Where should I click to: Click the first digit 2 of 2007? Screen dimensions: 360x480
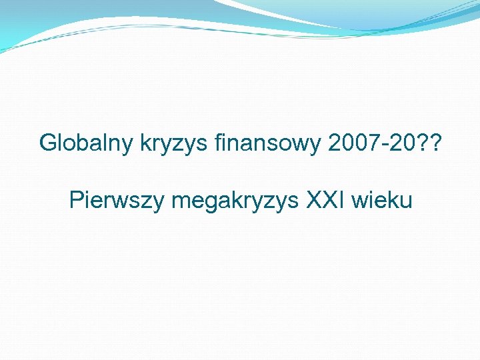tap(335, 142)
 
